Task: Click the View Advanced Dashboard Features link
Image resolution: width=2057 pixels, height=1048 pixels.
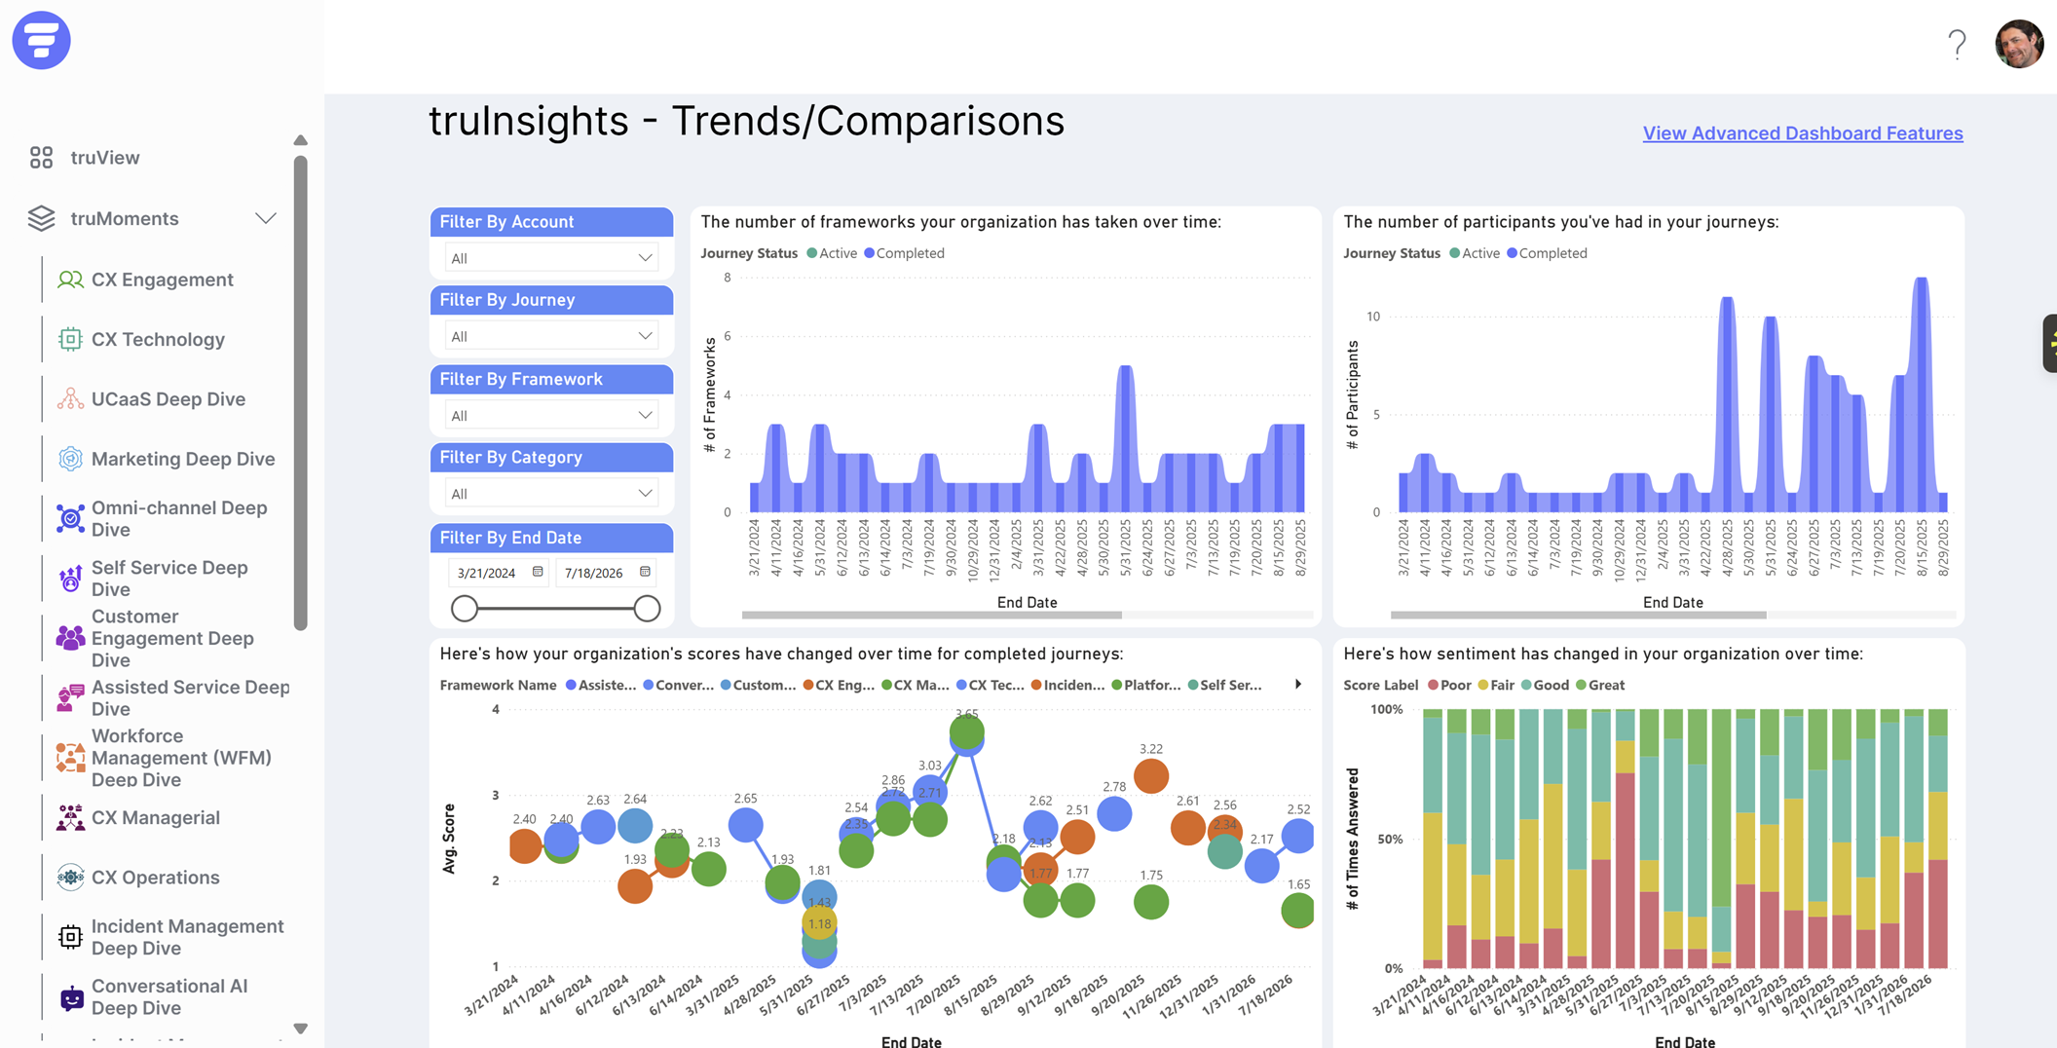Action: coord(1802,133)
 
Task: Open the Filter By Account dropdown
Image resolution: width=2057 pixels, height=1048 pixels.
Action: coord(551,258)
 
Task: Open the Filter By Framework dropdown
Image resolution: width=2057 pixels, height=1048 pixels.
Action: coord(551,416)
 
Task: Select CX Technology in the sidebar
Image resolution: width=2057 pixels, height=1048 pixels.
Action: coord(158,340)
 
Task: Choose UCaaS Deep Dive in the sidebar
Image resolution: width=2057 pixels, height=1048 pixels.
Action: coord(168,399)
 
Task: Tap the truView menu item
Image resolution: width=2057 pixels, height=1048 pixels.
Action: coord(104,158)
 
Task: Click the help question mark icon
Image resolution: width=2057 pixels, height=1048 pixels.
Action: coord(1957,45)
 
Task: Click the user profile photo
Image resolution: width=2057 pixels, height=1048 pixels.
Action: coord(2019,44)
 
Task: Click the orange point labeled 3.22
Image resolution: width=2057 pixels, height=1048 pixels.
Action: coord(1151,776)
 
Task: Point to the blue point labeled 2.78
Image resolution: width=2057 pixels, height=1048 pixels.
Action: coord(1114,813)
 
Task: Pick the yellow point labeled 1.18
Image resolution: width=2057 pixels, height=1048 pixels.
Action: coord(820,922)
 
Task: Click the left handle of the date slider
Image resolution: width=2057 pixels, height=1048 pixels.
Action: coord(465,609)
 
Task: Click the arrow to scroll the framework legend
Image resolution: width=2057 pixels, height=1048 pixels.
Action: coord(1298,685)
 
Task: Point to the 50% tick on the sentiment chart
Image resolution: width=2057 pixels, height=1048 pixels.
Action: coord(1388,840)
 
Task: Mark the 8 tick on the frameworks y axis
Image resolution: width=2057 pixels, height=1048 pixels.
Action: coord(727,279)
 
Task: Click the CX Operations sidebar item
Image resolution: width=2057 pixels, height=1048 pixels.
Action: coord(155,878)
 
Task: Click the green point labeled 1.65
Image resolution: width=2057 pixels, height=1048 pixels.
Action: coord(1297,911)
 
